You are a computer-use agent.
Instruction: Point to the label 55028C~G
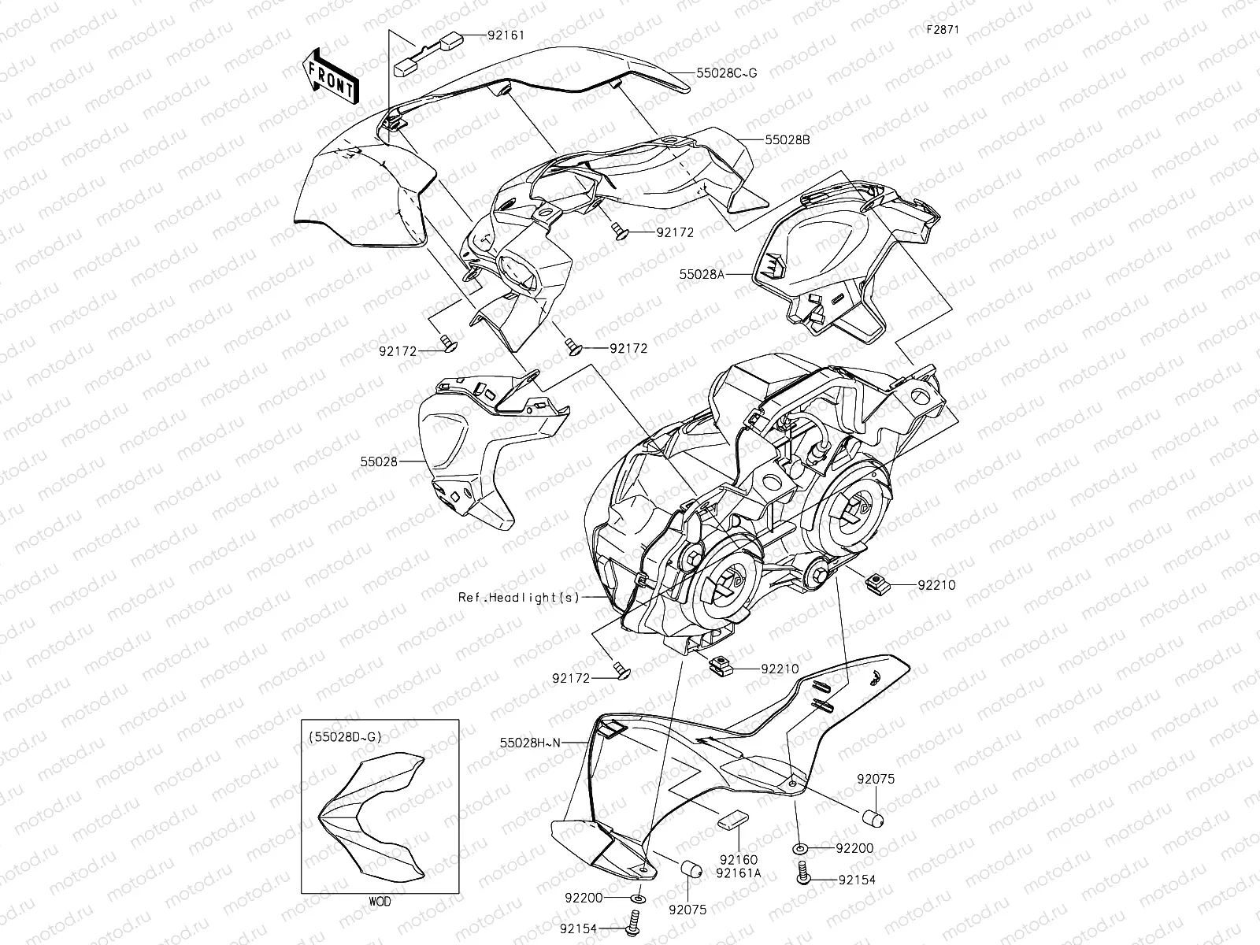[x=726, y=73]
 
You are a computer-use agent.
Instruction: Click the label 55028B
[x=787, y=139]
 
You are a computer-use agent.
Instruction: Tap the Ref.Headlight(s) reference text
[x=519, y=597]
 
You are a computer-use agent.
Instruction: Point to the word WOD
[x=380, y=900]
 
